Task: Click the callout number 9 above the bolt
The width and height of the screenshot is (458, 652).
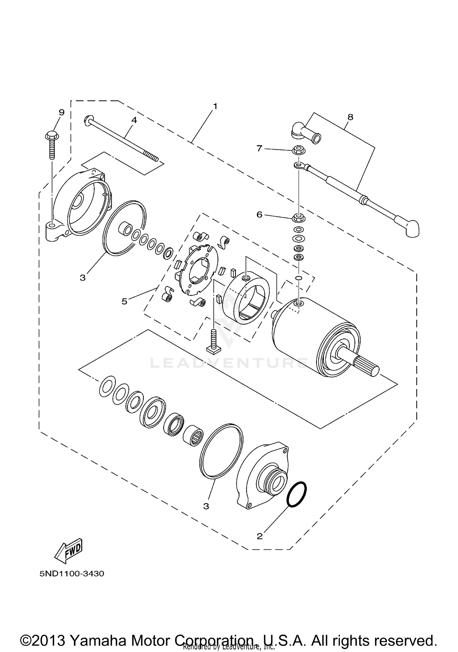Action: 62,112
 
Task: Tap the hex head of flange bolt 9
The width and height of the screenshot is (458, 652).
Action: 52,135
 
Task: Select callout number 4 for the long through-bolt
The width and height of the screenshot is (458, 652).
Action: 134,120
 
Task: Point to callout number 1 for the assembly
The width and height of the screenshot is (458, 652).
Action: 215,107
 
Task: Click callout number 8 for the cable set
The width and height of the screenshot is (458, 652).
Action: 350,117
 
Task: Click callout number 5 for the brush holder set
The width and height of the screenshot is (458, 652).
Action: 124,301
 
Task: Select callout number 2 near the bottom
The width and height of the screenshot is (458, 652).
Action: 260,536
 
